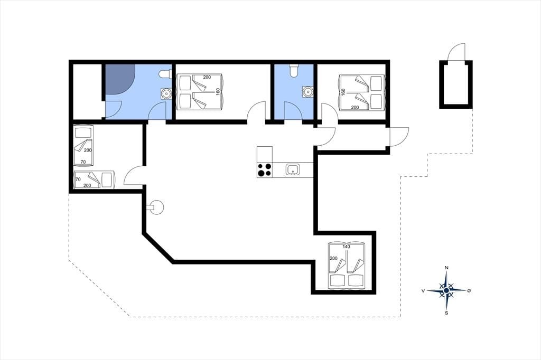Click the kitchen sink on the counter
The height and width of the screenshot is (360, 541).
[293, 169]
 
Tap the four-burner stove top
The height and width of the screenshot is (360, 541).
[265, 170]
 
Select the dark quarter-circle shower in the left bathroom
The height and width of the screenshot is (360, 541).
[119, 79]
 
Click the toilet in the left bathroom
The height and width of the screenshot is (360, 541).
[165, 74]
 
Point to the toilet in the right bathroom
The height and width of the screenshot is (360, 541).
[294, 70]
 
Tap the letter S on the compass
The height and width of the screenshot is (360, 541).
[446, 313]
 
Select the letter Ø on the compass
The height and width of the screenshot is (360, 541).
[469, 291]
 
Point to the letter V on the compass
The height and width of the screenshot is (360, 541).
[423, 291]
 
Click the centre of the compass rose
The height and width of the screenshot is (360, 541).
[446, 291]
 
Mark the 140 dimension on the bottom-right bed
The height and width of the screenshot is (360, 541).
[347, 247]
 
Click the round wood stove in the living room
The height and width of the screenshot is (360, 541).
[155, 207]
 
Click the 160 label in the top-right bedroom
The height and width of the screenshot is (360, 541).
[343, 92]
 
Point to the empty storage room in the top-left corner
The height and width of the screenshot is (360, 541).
[87, 91]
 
